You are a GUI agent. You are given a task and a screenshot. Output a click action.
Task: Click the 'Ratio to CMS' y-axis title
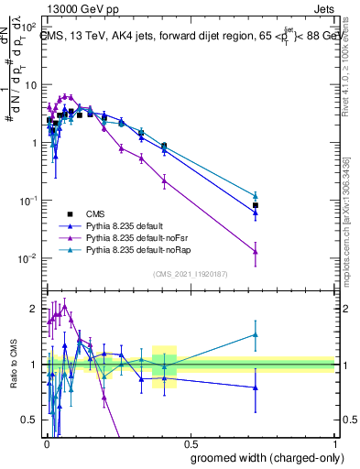[x=13, y=365]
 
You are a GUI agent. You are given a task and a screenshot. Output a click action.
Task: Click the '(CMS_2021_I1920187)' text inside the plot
[x=190, y=273]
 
